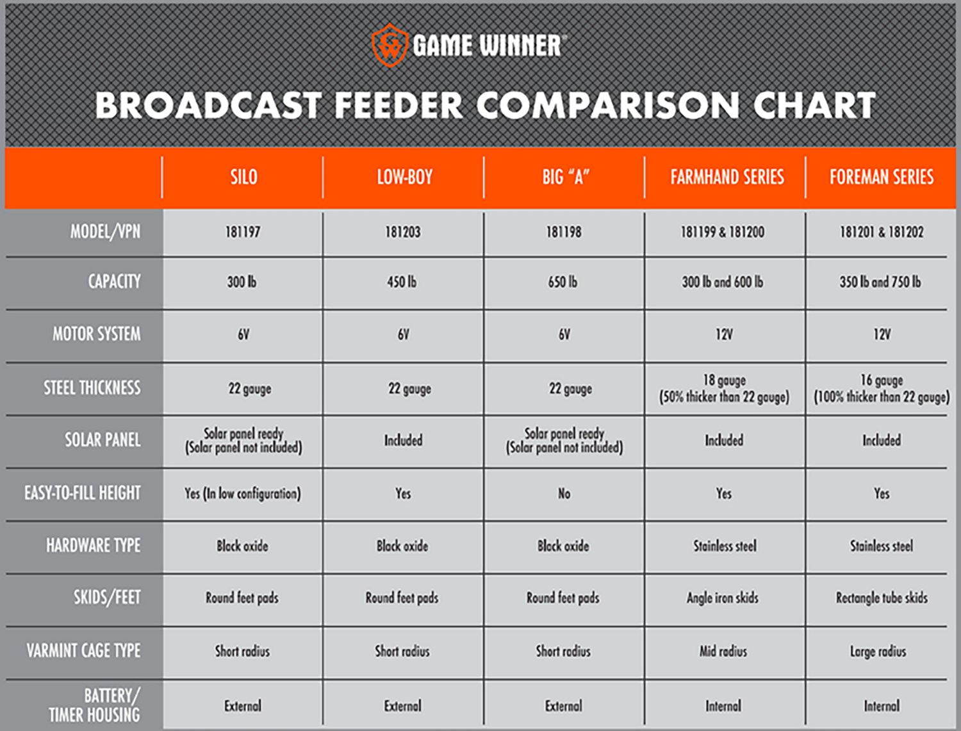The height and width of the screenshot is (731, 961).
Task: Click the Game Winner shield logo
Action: pyautogui.click(x=390, y=45)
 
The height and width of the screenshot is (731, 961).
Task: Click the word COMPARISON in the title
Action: pyautogui.click(x=608, y=106)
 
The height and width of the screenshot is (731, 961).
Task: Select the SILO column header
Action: pyautogui.click(x=243, y=177)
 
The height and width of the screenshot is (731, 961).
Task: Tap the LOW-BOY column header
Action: pyautogui.click(x=404, y=177)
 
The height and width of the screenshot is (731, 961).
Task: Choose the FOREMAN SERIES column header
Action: pyautogui.click(x=882, y=177)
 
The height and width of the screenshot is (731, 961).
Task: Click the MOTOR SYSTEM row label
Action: pyautogui.click(x=97, y=334)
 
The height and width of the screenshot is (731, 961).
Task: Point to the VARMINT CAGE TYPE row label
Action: pyautogui.click(x=83, y=651)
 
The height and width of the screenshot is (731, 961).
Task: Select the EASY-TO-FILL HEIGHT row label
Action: pyautogui.click(x=83, y=493)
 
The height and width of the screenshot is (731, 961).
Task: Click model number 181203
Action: pyautogui.click(x=403, y=232)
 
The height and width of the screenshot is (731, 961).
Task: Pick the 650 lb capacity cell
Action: pyautogui.click(x=563, y=282)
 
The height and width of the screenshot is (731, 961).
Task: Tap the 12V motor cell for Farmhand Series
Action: pyautogui.click(x=724, y=334)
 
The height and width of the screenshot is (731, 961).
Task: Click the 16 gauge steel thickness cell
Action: pyautogui.click(x=882, y=388)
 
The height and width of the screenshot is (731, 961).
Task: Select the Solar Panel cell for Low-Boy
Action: pyautogui.click(x=404, y=440)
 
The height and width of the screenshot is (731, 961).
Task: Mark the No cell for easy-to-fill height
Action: pyautogui.click(x=564, y=493)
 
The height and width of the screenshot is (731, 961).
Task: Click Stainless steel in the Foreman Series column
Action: pyautogui.click(x=882, y=546)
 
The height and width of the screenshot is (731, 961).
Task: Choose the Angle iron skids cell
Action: pyautogui.click(x=723, y=598)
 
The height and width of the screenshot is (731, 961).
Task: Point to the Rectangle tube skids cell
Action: pyautogui.click(x=882, y=598)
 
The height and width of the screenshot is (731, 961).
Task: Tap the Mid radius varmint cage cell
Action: pyautogui.click(x=723, y=652)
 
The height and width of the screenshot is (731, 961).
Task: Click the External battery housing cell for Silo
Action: pyautogui.click(x=243, y=706)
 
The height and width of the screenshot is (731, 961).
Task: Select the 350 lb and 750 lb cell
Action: pyautogui.click(x=880, y=282)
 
